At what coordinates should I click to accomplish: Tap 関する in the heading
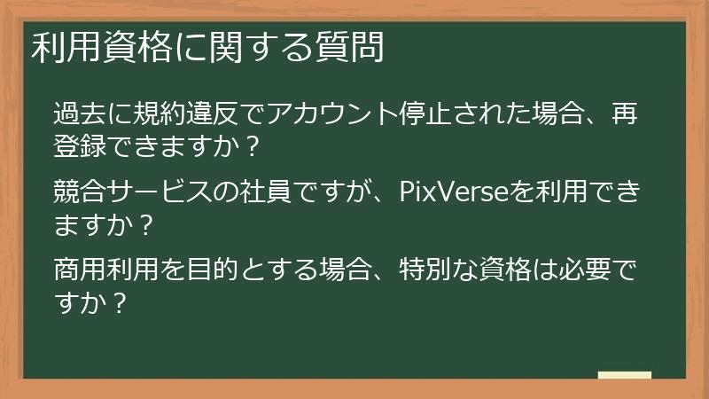[x=260, y=49]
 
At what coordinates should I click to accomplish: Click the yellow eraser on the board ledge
[x=624, y=375]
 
